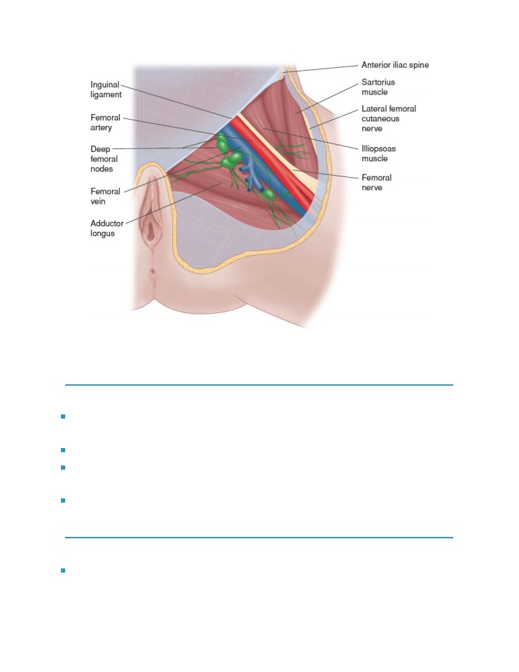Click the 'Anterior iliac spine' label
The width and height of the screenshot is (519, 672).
coord(395,65)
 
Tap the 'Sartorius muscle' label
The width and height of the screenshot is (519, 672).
coord(378,87)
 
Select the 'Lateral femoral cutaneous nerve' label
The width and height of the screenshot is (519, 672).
coord(389,119)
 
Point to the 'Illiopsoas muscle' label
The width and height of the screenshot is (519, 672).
coord(378,153)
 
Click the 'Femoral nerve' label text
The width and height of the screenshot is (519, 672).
coord(376,183)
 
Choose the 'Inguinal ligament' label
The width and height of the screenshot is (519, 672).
coord(106,90)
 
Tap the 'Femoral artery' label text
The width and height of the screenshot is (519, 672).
coord(105,122)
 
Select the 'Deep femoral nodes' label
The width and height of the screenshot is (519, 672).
coord(104,159)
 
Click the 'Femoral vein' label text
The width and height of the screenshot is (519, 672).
coord(105,196)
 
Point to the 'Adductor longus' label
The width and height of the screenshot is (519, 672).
coord(106,228)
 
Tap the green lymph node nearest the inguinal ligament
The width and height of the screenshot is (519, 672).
coord(222,142)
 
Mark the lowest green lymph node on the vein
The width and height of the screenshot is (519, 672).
coord(268,195)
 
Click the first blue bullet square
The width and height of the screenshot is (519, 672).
coord(63,416)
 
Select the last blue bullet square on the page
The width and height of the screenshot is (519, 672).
coord(63,570)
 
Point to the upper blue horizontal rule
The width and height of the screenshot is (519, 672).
coord(259,385)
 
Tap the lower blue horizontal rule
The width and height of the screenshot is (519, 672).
coord(259,538)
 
